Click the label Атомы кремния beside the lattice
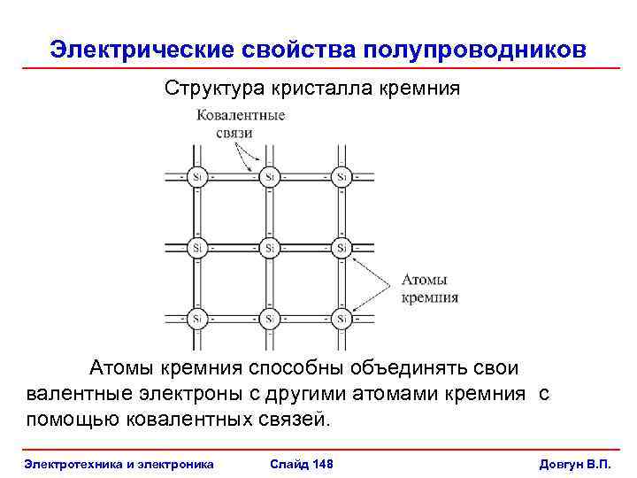431,289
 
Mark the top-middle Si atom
268,176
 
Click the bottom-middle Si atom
268,317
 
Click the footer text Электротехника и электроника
119,464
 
